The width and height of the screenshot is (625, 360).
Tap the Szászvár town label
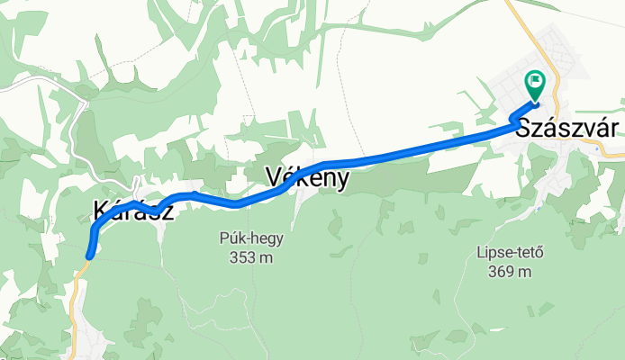pyautogui.click(x=567, y=128)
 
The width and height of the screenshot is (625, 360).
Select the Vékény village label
pyautogui.click(x=308, y=179)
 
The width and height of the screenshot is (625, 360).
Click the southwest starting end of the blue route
pyautogui.click(x=89, y=256)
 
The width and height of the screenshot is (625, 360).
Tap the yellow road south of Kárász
pyautogui.click(x=75, y=297)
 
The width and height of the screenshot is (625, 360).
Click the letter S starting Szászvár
pyautogui.click(x=524, y=128)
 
